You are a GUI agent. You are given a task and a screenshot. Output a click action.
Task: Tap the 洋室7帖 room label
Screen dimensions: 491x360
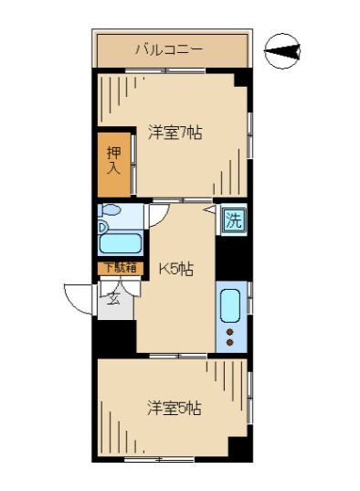point(175,133)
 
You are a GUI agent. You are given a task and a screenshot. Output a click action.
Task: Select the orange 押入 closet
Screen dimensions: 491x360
point(114,165)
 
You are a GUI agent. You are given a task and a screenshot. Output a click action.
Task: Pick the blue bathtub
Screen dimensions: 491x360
point(120,243)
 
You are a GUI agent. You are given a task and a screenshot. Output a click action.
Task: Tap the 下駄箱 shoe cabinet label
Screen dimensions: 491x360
point(119,267)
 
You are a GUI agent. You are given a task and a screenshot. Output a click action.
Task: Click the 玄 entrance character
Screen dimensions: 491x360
point(115,297)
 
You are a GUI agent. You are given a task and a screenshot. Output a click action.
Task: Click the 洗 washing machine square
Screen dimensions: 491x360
point(233,220)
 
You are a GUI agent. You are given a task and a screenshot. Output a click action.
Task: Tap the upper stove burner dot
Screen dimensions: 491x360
point(230,331)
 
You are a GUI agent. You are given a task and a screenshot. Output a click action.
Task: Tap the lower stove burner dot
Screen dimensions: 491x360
point(230,343)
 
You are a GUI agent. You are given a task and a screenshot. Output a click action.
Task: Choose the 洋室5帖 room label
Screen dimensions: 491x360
point(174,408)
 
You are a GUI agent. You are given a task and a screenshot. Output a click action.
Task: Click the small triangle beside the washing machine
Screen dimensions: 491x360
point(209,209)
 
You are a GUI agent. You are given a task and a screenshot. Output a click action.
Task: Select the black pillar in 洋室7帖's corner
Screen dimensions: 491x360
point(241,80)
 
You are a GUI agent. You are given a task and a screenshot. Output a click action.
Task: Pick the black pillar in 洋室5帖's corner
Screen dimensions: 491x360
point(240,449)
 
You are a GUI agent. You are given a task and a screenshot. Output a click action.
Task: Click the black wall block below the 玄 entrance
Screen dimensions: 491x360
point(116,336)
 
